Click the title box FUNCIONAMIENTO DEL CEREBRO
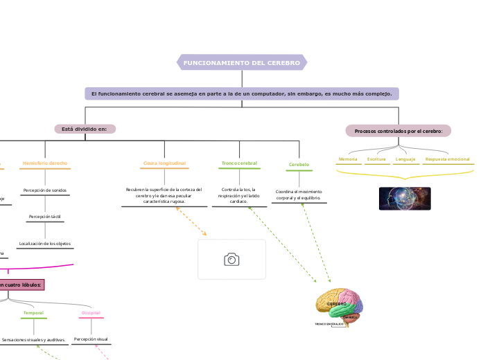pos(242,63)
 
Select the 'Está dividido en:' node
pos(85,129)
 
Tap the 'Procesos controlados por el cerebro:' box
pos(398,131)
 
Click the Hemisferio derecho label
pos(45,163)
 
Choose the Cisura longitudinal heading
pos(164,163)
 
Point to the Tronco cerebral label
pos(239,163)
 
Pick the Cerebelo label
pos(299,165)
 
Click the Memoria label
pos(348,159)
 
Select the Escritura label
pos(376,159)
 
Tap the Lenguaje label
pos(405,159)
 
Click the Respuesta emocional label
pos(448,159)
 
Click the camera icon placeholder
pos(231,260)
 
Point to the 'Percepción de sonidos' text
pos(45,190)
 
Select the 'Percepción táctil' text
pos(45,217)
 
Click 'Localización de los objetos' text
pos(45,244)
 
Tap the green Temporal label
pos(33,313)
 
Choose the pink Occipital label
pos(91,313)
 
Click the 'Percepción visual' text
pos(91,339)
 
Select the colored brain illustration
pos(340,305)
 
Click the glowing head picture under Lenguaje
pos(405,199)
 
